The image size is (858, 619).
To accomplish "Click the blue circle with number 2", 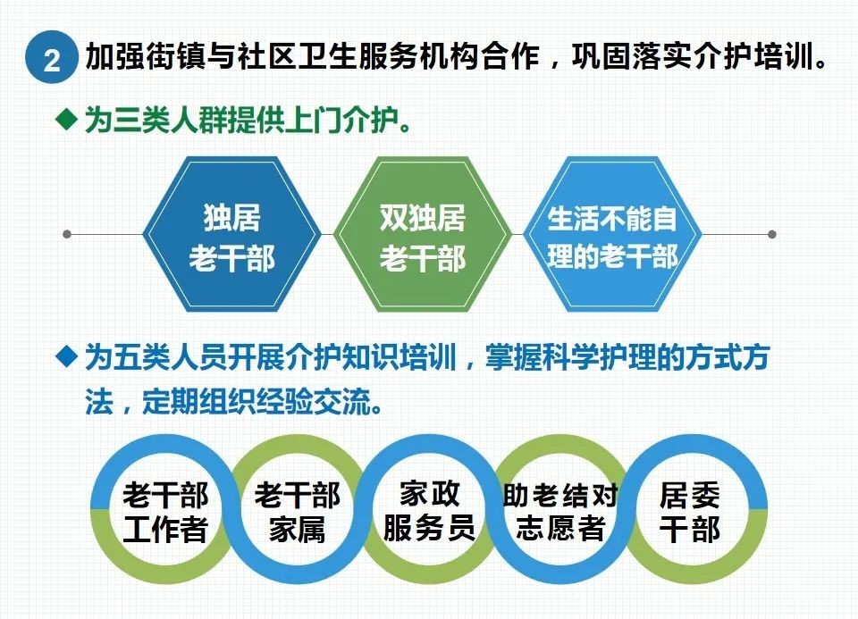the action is [52, 57].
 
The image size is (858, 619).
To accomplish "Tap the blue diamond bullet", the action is [67, 356].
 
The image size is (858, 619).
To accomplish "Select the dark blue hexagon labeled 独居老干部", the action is [231, 235].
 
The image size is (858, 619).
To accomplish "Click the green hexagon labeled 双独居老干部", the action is [422, 235].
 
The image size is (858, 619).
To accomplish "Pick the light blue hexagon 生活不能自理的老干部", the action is [612, 235].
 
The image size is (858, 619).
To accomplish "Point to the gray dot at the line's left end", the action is [67, 235].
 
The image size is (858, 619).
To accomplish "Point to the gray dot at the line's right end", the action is [772, 235].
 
